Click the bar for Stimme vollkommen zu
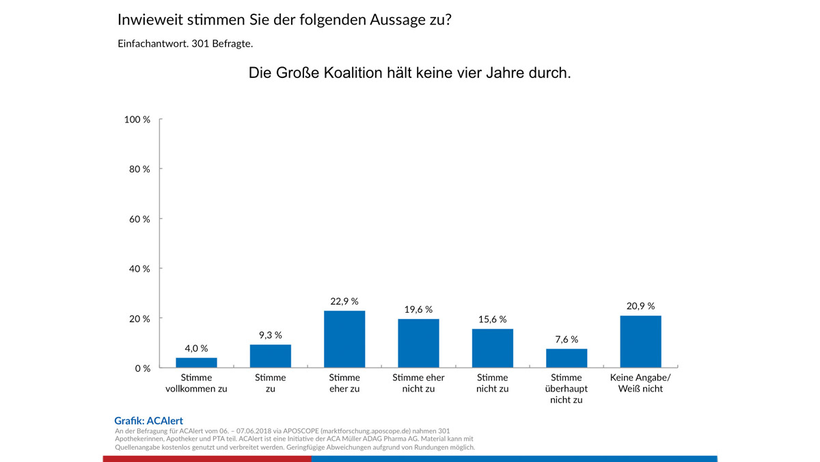coord(196,363)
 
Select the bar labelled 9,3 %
coord(271,356)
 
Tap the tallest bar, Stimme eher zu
coord(344,339)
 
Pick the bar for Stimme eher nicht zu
coord(418,344)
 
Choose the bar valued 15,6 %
coord(493,348)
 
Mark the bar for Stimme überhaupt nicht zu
coord(566,359)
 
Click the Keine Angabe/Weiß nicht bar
coord(640,342)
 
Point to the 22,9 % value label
coord(344,301)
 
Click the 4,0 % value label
coord(196,348)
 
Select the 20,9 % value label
coord(640,306)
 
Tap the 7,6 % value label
coord(566,339)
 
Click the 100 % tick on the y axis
coord(137,120)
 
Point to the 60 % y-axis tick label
coord(139,219)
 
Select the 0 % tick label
coord(142,368)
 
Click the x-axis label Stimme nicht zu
coord(493,383)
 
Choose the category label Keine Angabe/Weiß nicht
coord(640,383)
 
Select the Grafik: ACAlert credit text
coord(148,421)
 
